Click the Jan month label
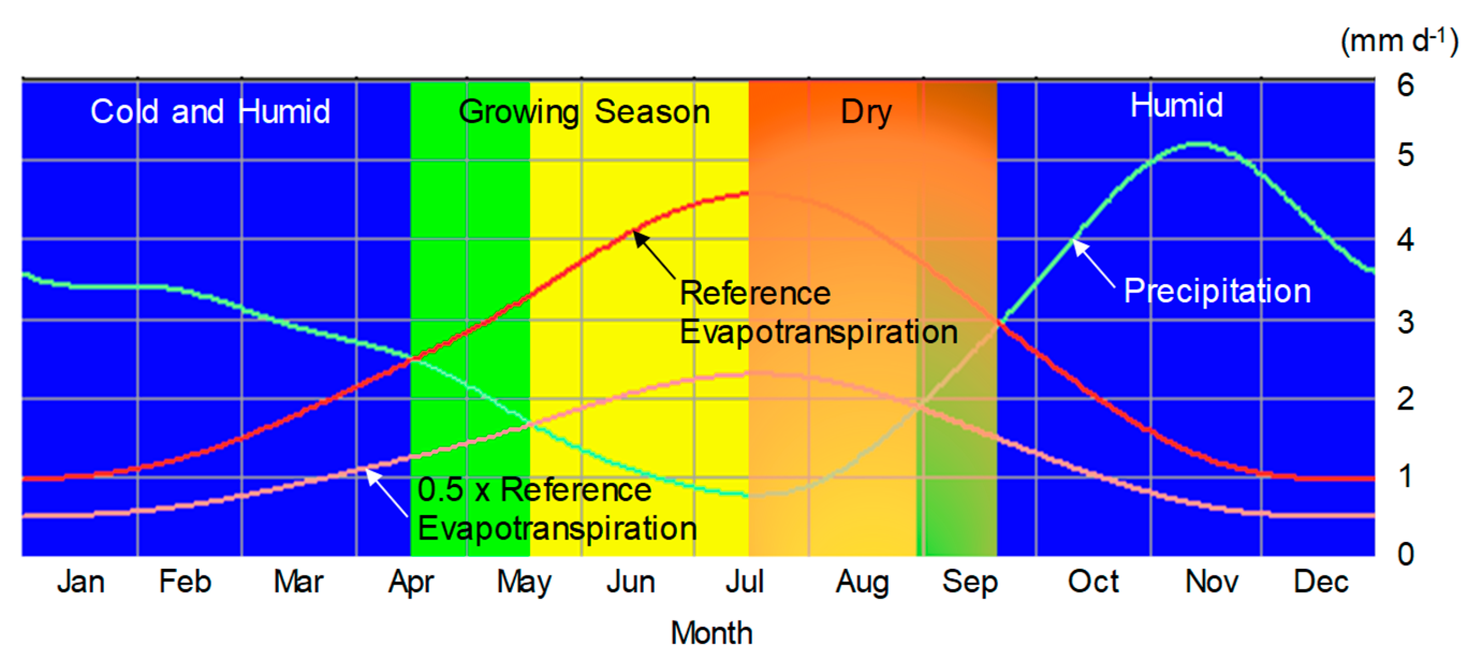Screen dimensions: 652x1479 [81, 581]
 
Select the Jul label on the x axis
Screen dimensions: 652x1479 [745, 581]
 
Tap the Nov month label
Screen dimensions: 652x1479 [1211, 581]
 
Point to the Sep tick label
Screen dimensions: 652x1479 [970, 582]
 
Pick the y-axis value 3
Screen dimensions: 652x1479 [1405, 322]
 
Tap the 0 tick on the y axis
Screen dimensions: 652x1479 [1405, 554]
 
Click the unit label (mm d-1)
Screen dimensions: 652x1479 [1399, 41]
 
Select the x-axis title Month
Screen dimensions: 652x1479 [711, 633]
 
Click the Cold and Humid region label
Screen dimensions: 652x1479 [210, 111]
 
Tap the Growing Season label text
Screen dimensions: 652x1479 [584, 111]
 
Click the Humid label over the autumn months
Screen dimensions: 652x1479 [1177, 106]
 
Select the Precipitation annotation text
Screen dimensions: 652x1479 [1217, 290]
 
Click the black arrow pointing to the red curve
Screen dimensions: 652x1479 [654, 254]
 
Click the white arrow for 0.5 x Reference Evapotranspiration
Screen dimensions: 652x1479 [387, 492]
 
